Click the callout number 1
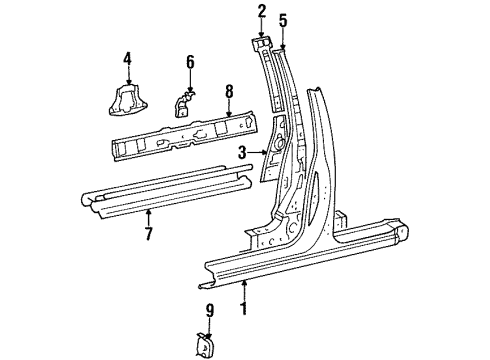click(x=245, y=309)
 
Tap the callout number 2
click(x=262, y=12)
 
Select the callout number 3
click(x=242, y=153)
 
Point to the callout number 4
click(x=127, y=59)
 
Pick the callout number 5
click(x=283, y=20)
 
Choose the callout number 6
click(x=190, y=62)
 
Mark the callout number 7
click(x=149, y=234)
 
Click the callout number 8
click(x=229, y=92)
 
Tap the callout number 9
click(x=209, y=311)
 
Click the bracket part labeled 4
click(x=128, y=99)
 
